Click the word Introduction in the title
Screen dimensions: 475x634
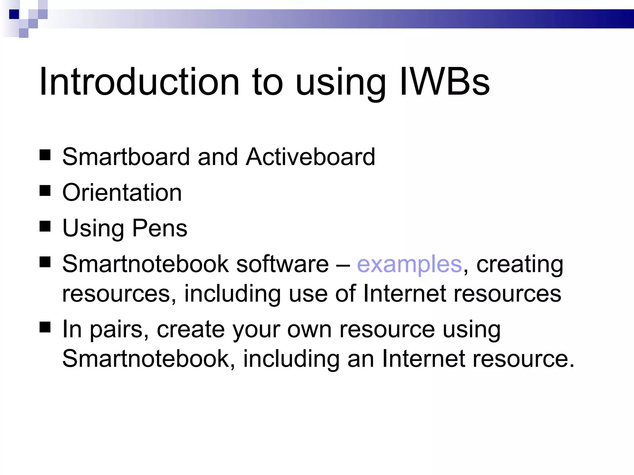(x=139, y=82)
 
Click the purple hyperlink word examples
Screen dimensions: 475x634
(x=409, y=264)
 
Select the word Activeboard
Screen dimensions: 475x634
(x=310, y=157)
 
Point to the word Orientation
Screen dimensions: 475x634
(x=122, y=192)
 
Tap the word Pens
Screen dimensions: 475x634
(x=160, y=228)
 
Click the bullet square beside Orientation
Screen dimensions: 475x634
(x=45, y=191)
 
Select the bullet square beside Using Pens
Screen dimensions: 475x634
(x=45, y=226)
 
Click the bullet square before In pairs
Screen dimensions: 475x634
(x=45, y=327)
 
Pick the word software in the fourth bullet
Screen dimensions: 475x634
(x=282, y=264)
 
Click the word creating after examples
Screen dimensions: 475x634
(x=520, y=265)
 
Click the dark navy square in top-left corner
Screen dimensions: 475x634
(x=14, y=14)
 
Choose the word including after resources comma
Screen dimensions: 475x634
(x=232, y=294)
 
